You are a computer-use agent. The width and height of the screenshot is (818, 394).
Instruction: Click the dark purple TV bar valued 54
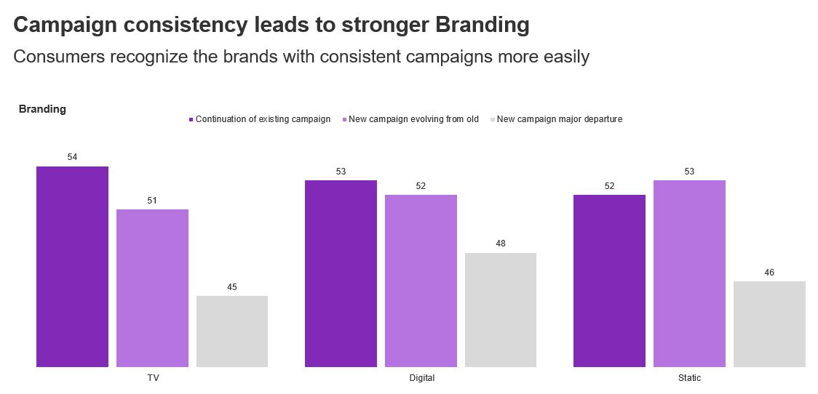point(72,266)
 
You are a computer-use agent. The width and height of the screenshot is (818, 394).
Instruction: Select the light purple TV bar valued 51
point(152,288)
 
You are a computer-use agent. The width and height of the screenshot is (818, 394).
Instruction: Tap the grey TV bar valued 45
point(232,331)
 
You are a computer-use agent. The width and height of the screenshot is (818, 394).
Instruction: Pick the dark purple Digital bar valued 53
point(341,273)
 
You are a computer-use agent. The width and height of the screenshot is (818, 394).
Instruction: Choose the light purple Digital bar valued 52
point(421,281)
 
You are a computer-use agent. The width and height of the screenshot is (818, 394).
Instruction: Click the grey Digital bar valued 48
point(501,310)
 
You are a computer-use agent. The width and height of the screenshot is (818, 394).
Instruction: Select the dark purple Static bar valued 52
point(609,281)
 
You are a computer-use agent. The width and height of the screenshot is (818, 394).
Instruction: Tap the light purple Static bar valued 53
point(689,273)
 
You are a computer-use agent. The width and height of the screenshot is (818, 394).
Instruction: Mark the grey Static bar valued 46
point(769,323)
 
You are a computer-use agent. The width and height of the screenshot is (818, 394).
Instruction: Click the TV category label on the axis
point(153,378)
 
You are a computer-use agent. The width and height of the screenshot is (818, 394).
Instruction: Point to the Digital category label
point(421,378)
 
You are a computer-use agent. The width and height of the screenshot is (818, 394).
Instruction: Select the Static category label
point(689,378)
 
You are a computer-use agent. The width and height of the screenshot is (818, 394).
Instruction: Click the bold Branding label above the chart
point(42,109)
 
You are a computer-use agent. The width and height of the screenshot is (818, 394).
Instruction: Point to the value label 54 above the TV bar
point(72,157)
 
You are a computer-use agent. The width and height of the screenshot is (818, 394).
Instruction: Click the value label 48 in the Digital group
point(501,244)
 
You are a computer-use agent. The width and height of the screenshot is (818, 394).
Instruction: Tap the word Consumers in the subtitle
point(60,57)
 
